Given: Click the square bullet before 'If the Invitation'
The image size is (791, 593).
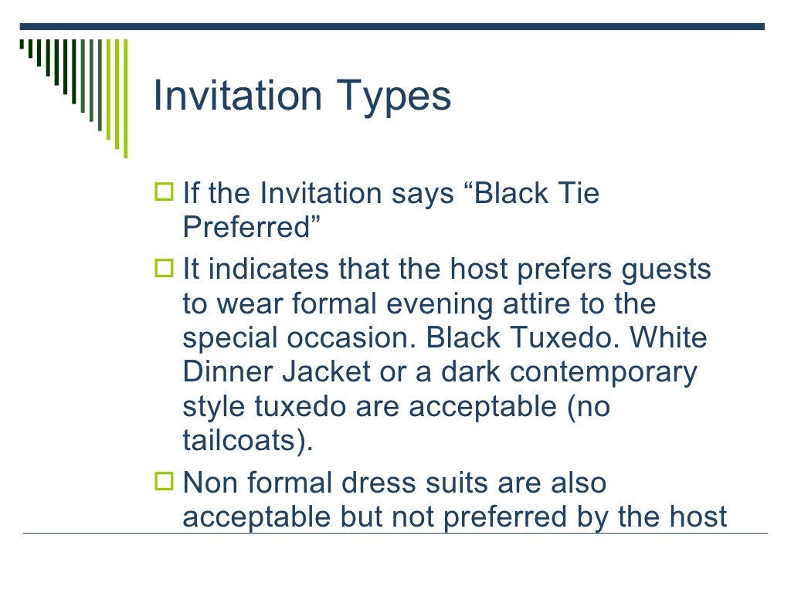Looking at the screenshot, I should point(165,192).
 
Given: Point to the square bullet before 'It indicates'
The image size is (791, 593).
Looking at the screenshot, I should point(165,269).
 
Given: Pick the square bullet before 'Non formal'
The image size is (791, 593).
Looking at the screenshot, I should point(165,483).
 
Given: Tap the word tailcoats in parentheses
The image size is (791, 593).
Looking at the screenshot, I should point(239,440).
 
